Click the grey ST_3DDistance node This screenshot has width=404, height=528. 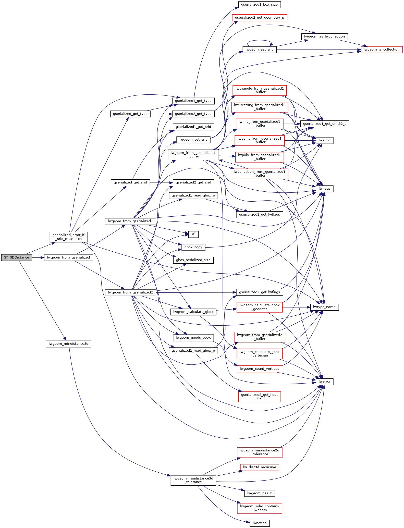coord(17,257)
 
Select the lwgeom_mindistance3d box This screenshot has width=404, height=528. coord(68,344)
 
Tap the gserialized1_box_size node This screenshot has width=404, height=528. coord(259,5)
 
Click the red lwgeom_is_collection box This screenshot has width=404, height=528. coord(381,50)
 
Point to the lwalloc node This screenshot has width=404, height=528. coord(324,140)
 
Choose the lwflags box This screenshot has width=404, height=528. coord(324,189)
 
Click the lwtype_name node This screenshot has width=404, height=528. coord(324,307)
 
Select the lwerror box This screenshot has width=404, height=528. coord(324,382)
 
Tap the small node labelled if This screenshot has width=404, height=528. coord(193,234)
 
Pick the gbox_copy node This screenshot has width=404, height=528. coord(193,247)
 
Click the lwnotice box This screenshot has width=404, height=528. coord(259,523)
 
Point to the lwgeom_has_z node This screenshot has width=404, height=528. coord(259,493)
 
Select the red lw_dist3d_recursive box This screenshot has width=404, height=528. coord(259,467)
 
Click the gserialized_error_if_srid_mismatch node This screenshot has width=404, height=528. coord(68,237)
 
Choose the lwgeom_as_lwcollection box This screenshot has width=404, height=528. coord(324,36)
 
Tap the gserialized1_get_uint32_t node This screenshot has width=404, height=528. coord(324,124)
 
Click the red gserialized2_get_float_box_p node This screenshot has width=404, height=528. coord(259,396)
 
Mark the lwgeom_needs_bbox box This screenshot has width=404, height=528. coord(193,338)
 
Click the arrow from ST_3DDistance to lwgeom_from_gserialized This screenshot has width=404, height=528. coord(38,257)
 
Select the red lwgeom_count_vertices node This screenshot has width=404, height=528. coord(259,369)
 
